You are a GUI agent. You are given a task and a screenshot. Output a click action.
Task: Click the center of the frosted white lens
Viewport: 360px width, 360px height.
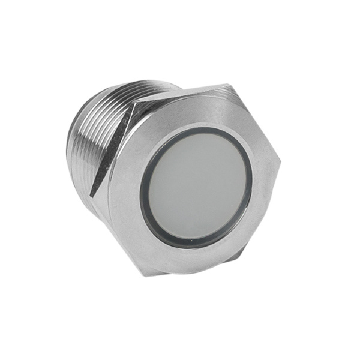197,187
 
